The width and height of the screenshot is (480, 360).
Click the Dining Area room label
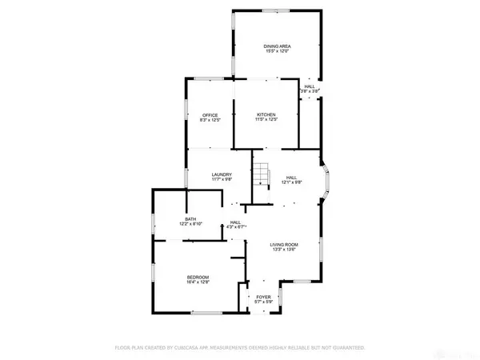[x=277, y=46]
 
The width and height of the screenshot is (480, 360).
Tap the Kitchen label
[x=266, y=115]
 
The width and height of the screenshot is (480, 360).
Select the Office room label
[x=210, y=115]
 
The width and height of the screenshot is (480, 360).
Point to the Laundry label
[x=222, y=174]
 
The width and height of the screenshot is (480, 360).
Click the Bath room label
[x=190, y=219]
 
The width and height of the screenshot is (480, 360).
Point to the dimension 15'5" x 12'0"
[x=277, y=52]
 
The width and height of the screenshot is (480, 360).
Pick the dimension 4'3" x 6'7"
[x=235, y=228]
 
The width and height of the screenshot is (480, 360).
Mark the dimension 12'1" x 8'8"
[x=292, y=183]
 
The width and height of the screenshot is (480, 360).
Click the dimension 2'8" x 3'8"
[x=310, y=92]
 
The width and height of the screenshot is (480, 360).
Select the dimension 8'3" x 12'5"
[x=210, y=121]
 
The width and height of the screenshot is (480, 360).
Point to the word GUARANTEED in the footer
[x=346, y=348]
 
